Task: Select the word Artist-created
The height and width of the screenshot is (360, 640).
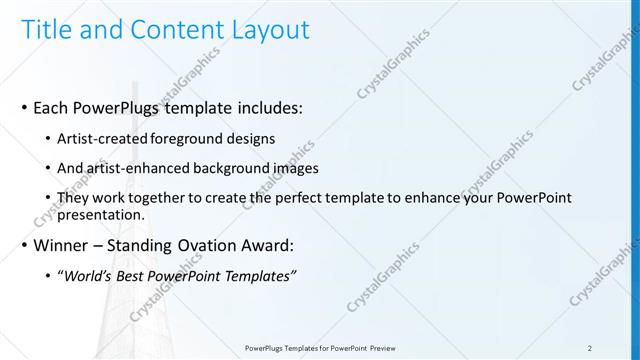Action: [105, 138]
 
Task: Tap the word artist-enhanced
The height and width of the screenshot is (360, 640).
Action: [134, 168]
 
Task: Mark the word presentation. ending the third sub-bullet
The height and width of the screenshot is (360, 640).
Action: [101, 214]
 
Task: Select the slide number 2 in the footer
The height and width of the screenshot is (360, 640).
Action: [590, 347]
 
